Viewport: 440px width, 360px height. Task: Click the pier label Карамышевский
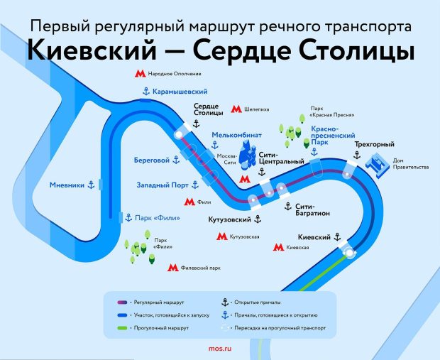point(180,92)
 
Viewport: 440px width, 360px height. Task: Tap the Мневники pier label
point(67,185)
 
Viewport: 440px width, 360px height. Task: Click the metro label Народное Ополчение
point(175,74)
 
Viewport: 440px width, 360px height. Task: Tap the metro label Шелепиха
point(256,111)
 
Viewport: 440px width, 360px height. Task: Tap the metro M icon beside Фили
point(189,202)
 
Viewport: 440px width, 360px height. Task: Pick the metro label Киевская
point(298,248)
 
